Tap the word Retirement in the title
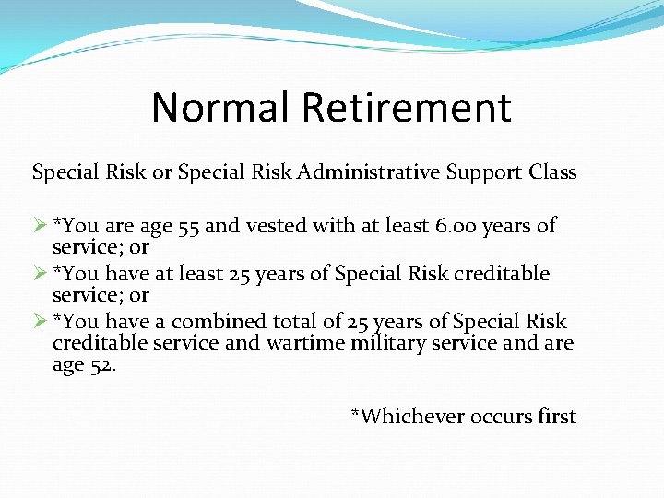(407, 107)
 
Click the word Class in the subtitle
(552, 172)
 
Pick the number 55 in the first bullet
(192, 226)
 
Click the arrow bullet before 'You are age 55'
(40, 226)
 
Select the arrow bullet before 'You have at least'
(40, 274)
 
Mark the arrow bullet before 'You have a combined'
(40, 322)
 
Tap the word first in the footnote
(557, 417)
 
